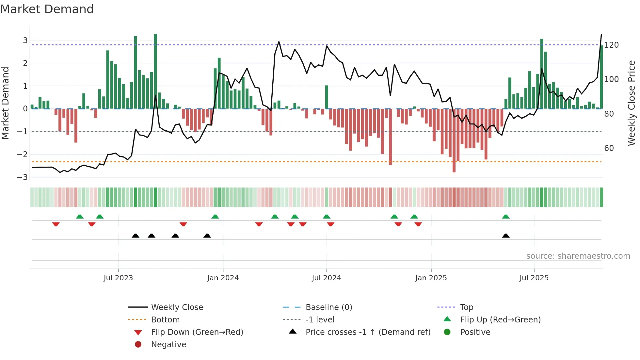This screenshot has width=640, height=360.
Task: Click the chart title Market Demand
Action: tap(47, 9)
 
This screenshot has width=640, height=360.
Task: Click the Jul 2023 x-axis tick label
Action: tap(118, 278)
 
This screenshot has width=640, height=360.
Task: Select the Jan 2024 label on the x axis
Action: tap(223, 278)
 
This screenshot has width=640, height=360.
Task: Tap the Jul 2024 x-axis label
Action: tap(326, 278)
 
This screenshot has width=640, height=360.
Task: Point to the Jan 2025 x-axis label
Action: tap(431, 278)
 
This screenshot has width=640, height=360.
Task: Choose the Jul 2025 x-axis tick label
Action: tap(534, 278)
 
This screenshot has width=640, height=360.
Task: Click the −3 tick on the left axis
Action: tap(22, 177)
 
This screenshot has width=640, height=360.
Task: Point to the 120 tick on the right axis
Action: tap(611, 45)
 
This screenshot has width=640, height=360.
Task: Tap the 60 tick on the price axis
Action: tap(609, 148)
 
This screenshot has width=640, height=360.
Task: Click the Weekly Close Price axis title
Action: tap(632, 103)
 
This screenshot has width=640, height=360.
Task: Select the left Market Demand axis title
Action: tap(5, 103)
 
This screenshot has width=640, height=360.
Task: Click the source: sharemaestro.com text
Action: tap(578, 256)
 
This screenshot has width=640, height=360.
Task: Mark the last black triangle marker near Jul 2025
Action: tap(505, 236)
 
